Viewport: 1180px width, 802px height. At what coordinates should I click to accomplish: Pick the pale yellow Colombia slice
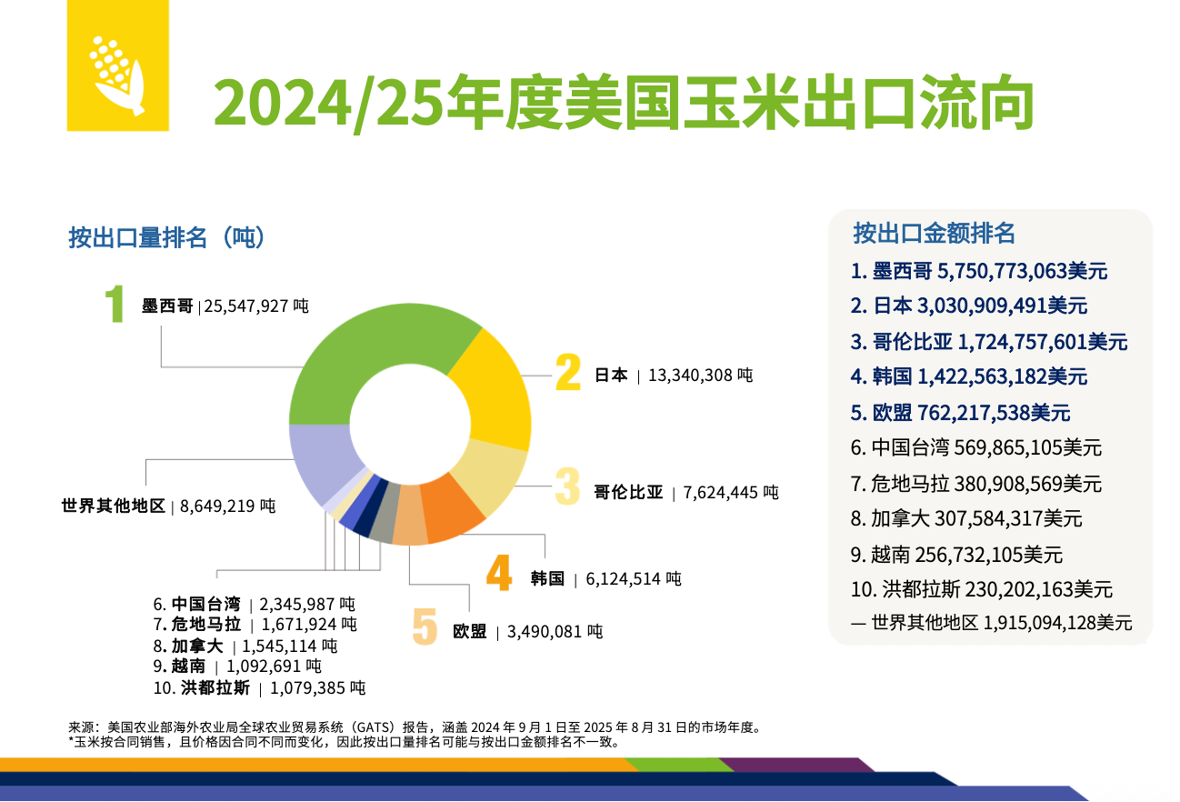click(x=491, y=473)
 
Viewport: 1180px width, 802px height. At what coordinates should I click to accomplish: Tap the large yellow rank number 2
click(x=568, y=373)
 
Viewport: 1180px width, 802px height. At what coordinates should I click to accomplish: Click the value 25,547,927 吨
click(x=256, y=306)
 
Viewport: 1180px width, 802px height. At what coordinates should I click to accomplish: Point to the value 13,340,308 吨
click(x=700, y=375)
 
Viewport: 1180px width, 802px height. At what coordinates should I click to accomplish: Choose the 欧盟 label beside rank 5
click(x=469, y=631)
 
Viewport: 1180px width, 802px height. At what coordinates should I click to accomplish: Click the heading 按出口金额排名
click(x=934, y=233)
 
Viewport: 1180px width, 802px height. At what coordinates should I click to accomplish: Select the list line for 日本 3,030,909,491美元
click(x=969, y=306)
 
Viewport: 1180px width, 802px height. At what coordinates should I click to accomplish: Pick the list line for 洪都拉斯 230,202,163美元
click(x=982, y=589)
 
